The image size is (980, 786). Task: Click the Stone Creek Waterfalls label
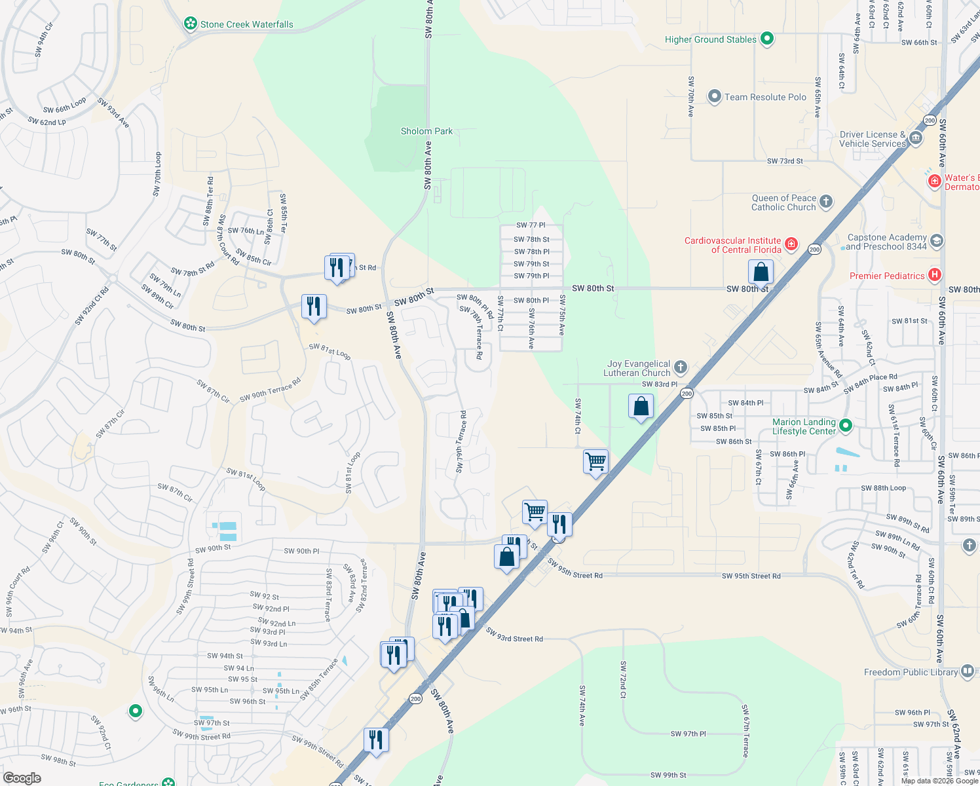[246, 25]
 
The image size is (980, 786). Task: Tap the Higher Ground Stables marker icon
[767, 39]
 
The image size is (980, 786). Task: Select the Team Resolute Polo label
[765, 98]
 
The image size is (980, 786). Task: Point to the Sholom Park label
[426, 132]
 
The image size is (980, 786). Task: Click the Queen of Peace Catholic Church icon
[826, 202]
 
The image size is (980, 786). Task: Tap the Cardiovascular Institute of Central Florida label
[732, 245]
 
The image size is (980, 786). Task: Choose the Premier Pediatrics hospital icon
[935, 276]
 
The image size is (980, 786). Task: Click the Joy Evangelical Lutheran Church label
[638, 368]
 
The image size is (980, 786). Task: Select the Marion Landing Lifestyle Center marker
[846, 426]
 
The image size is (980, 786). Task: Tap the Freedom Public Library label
[911, 673]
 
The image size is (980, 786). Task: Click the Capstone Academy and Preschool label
[887, 242]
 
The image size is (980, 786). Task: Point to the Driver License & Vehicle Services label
[873, 139]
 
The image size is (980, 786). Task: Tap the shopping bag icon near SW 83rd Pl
[641, 406]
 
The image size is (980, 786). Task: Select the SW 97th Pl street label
[688, 734]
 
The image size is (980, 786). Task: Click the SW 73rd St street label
[785, 161]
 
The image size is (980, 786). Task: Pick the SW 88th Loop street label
[883, 488]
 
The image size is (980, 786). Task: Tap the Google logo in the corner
[22, 778]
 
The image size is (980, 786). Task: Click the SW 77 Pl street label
[531, 225]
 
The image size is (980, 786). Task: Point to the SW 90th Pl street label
[301, 552]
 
